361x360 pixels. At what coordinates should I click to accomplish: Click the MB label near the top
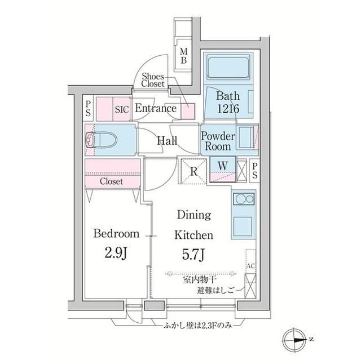tap(184, 57)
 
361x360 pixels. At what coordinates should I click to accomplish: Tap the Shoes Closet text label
tap(153, 80)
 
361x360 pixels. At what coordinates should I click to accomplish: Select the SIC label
tap(122, 109)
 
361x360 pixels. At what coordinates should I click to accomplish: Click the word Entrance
tap(156, 109)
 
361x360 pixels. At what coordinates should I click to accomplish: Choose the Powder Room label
tap(218, 141)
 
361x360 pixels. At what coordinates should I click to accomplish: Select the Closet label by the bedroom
tap(112, 181)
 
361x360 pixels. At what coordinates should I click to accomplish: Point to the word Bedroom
tap(116, 233)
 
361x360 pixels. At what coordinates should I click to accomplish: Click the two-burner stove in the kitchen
tap(244, 200)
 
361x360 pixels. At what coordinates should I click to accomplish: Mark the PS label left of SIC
tap(89, 108)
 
